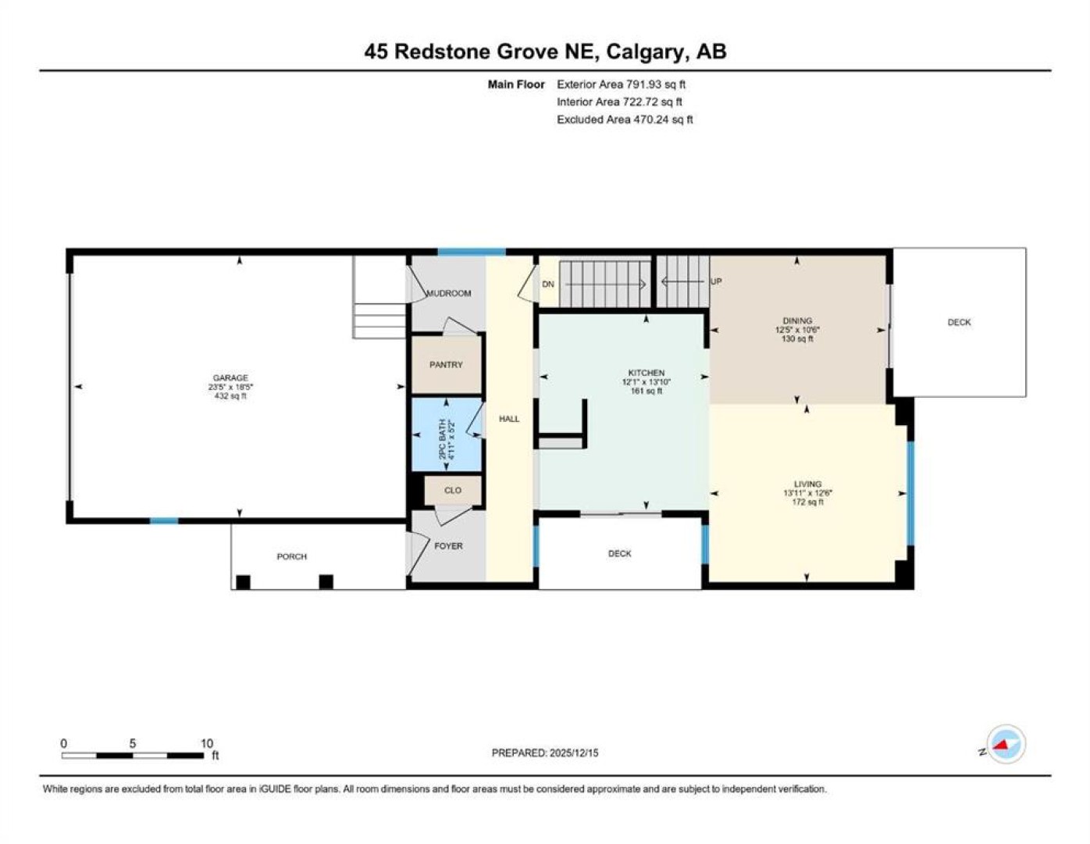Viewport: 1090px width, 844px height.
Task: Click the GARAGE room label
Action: pyautogui.click(x=230, y=377)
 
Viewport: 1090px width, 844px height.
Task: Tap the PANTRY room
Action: pyautogui.click(x=446, y=364)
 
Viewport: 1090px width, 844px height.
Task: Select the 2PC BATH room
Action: pyautogui.click(x=447, y=435)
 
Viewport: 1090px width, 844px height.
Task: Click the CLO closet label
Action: pyautogui.click(x=452, y=490)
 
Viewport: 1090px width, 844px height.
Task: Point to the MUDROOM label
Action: pyautogui.click(x=448, y=293)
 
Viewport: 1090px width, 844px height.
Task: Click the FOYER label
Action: pyautogui.click(x=448, y=545)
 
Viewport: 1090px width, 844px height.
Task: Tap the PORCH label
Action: pyautogui.click(x=291, y=556)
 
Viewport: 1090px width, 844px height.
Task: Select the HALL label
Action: pyautogui.click(x=509, y=419)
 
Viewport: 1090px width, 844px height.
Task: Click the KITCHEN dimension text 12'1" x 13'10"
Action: pyautogui.click(x=646, y=382)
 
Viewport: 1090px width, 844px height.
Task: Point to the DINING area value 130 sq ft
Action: pyautogui.click(x=797, y=339)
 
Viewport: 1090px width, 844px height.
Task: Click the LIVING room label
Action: pyautogui.click(x=807, y=484)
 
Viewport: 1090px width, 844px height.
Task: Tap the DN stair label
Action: pyautogui.click(x=548, y=284)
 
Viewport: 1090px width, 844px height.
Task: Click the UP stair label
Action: pyautogui.click(x=716, y=281)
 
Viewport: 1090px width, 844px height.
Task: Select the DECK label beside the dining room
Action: pyautogui.click(x=959, y=322)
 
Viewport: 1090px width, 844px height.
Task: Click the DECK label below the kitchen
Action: pyautogui.click(x=619, y=553)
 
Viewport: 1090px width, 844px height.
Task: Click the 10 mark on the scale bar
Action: pyautogui.click(x=207, y=744)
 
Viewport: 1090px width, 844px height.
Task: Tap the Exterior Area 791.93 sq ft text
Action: pyautogui.click(x=621, y=84)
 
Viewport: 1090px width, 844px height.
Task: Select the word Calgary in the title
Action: pyautogui.click(x=646, y=52)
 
